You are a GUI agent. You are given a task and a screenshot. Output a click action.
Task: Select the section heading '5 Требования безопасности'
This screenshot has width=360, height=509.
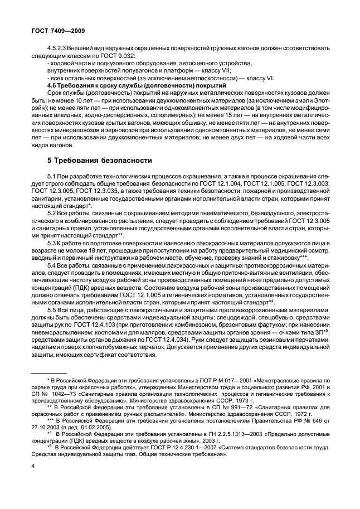[100, 161]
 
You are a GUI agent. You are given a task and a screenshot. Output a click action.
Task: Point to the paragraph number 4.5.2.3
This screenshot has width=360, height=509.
[60, 49]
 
